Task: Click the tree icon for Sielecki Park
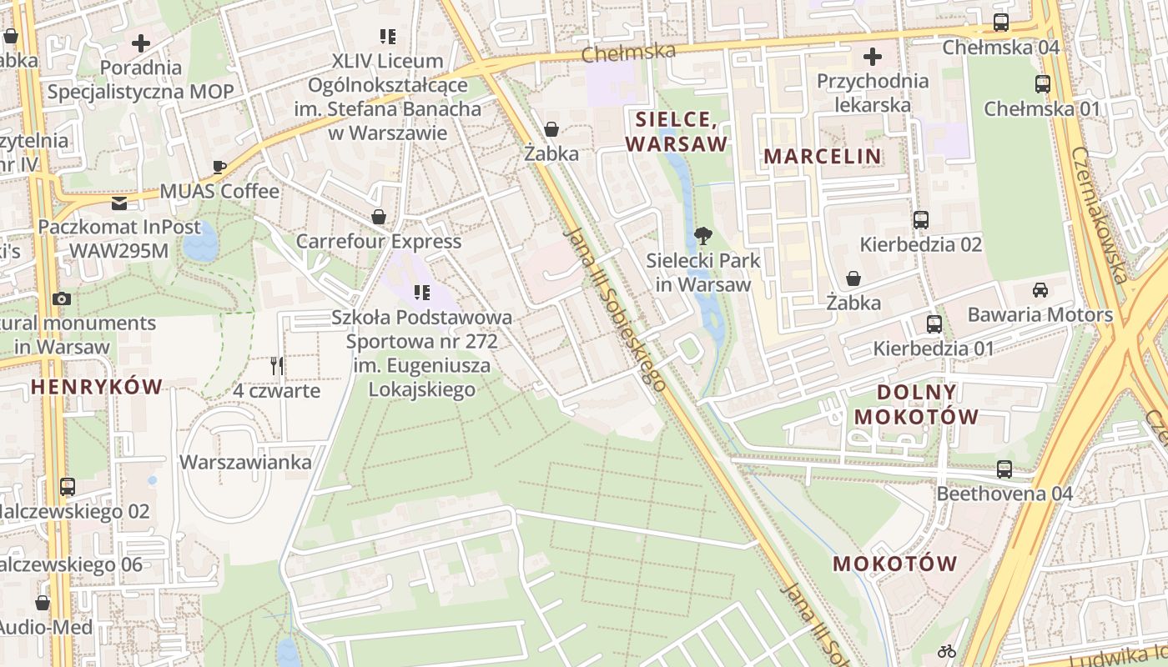pos(703,236)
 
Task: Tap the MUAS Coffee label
pos(219,191)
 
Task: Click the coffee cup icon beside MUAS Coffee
pos(219,167)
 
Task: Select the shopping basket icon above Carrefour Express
pos(379,218)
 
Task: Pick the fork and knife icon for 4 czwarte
pos(277,365)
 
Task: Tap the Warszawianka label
pos(246,462)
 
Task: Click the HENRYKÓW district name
pos(97,386)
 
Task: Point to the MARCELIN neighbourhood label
pos(823,156)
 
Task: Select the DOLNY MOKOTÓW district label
pos(917,404)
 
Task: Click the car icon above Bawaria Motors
pos(1040,290)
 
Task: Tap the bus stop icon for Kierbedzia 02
pos(921,220)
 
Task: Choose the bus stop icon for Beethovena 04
pos(1004,469)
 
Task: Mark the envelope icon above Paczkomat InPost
pos(119,203)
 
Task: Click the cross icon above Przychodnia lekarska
pos(873,57)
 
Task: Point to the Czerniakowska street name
pos(1099,215)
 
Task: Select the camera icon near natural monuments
pos(61,298)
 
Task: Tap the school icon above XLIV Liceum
pos(387,37)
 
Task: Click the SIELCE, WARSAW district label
pos(676,131)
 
